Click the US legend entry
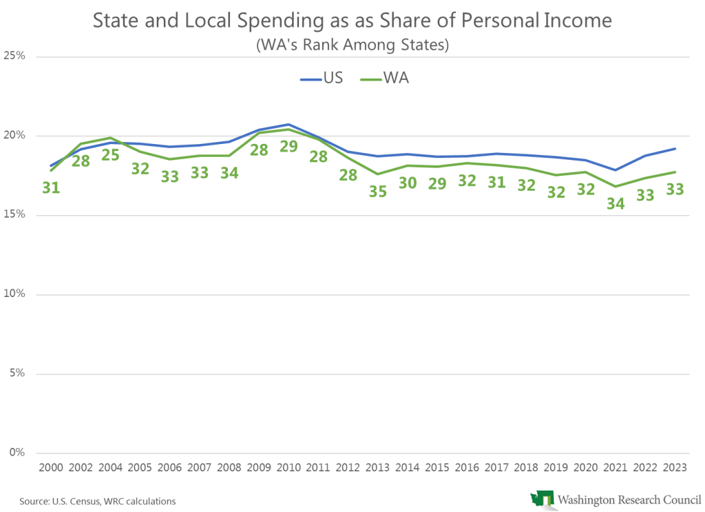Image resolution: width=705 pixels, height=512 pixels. tap(322, 79)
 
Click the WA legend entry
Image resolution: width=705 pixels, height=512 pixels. tap(384, 79)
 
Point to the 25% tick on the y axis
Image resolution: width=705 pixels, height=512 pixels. tap(15, 56)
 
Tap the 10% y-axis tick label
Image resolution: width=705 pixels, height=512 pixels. tap(15, 294)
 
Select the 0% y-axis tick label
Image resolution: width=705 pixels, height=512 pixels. tap(17, 453)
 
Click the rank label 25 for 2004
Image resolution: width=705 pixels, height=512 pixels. tap(110, 155)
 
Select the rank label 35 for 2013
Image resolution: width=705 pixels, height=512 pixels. tap(378, 192)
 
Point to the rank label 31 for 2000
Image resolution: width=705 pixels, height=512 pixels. tap(51, 187)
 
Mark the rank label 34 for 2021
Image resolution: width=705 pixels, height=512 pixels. tap(615, 203)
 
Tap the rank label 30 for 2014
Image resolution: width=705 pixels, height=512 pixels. tap(408, 183)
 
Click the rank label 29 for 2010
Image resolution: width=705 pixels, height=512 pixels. tap(288, 146)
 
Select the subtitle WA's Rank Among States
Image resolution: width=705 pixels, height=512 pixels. tap(352, 45)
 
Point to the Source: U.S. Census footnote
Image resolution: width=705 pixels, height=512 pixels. tap(97, 501)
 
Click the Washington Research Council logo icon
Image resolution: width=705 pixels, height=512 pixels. tap(541, 500)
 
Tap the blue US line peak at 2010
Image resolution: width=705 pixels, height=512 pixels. tap(288, 125)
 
